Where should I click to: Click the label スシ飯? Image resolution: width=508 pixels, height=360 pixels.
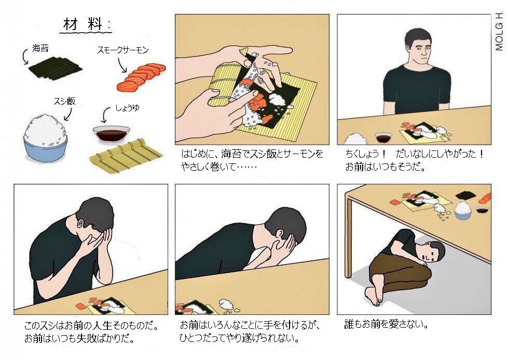click(x=64, y=101)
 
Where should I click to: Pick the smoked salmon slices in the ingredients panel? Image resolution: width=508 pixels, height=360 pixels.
click(x=141, y=76)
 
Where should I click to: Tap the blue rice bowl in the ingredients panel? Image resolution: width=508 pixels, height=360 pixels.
click(x=46, y=140)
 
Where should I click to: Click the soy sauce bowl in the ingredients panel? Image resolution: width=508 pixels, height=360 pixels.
click(x=111, y=134)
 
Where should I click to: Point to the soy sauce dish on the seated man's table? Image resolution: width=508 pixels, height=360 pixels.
click(x=383, y=137)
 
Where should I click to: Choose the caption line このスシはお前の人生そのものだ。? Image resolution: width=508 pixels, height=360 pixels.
click(x=91, y=327)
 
